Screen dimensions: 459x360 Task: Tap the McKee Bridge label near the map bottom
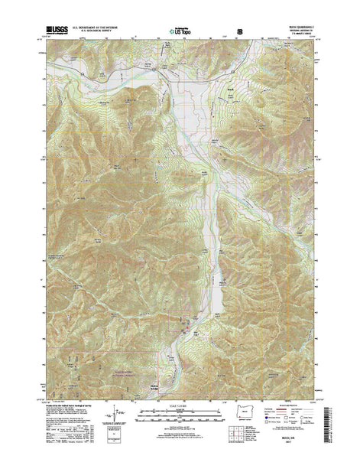(x=155, y=383)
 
